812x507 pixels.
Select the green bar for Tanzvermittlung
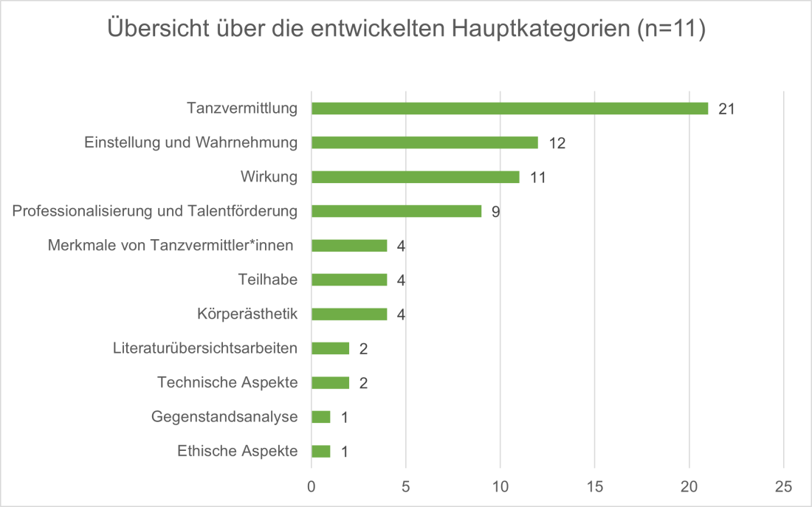[x=509, y=108]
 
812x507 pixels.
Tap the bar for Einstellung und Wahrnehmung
[x=424, y=142]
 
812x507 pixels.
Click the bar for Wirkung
[x=415, y=177]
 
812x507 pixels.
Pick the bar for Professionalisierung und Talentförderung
[x=396, y=211]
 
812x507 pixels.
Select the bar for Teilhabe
[x=349, y=280]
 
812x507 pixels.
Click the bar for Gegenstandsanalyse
[x=321, y=417]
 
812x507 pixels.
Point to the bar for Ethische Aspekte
[x=321, y=451]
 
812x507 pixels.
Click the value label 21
[x=726, y=109]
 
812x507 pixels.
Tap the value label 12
[x=557, y=143]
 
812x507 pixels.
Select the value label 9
[x=496, y=212]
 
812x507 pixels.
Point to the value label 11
[x=537, y=178]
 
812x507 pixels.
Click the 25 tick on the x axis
[x=783, y=486]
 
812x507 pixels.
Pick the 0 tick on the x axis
[x=312, y=486]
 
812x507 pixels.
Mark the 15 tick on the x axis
[x=595, y=486]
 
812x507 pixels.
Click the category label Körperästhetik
[x=247, y=314]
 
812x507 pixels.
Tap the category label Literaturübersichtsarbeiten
[x=205, y=348]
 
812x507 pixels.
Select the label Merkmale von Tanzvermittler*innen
[x=171, y=245]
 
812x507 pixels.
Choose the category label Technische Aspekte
[x=227, y=382]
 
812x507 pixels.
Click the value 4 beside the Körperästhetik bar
[x=402, y=315]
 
